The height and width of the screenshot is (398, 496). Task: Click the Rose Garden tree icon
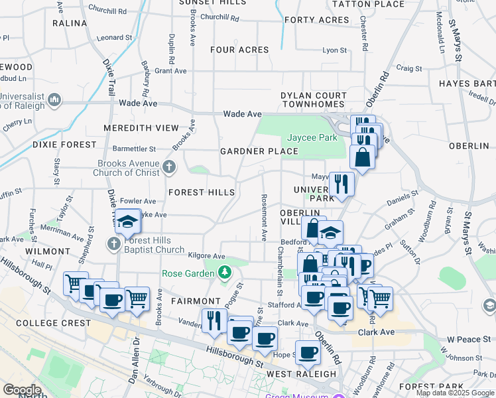225,272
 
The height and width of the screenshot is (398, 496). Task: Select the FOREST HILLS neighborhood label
202,192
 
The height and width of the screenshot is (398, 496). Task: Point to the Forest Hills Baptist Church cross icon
114,244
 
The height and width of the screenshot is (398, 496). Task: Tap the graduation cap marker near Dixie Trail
128,222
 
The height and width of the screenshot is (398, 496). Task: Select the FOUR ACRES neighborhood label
239,50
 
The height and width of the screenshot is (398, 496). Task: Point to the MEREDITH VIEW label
141,127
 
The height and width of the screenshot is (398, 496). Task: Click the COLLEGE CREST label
53,323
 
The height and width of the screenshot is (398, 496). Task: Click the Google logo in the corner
23,391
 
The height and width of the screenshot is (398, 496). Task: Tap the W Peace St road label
468,340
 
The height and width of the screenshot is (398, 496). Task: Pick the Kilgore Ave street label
206,256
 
